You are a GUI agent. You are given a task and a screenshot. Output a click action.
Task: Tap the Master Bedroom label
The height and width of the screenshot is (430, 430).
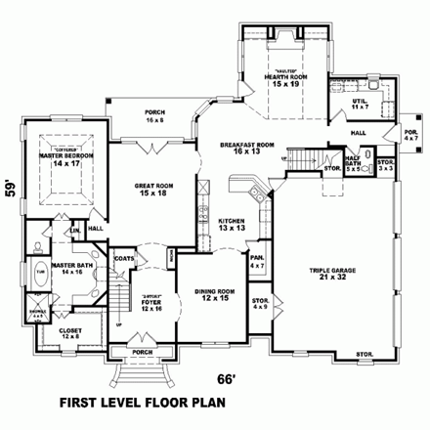click(64, 157)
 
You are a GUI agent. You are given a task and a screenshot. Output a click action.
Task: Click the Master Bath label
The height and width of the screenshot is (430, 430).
click(45, 264)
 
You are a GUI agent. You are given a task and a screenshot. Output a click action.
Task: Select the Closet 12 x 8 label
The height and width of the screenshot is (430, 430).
click(70, 332)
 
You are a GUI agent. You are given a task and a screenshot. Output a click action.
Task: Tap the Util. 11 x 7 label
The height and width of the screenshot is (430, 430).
click(360, 102)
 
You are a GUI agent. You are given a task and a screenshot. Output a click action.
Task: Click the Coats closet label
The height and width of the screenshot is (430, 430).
click(123, 258)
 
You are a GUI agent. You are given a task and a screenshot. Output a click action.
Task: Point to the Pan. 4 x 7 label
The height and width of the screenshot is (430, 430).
click(257, 262)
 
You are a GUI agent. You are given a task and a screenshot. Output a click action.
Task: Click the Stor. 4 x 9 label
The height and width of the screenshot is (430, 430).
click(260, 303)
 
